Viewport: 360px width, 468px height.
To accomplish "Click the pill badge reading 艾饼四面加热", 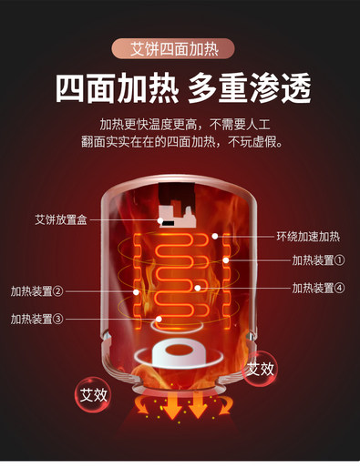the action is pos(173,48).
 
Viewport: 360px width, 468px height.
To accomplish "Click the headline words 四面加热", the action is pos(117,88).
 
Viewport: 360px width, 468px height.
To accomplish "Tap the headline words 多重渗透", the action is pos(250,88).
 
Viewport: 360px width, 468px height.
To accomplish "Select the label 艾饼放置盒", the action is pos(61,219).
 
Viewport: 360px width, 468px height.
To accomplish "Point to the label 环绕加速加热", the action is pos(308,236).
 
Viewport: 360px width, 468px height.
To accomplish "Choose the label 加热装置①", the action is pos(318,260).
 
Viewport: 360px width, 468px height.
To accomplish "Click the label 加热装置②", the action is pos(36,291).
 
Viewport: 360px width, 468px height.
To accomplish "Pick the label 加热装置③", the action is pos(36,319).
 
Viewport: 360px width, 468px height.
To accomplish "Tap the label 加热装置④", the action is pos(318,288).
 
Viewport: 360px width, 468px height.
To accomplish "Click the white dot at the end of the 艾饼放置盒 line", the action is pos(160,220).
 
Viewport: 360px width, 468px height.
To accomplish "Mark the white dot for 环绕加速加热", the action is pos(215,236).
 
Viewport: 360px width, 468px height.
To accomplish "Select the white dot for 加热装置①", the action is pos(226,260).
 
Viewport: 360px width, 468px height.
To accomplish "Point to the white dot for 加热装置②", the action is pos(136,292).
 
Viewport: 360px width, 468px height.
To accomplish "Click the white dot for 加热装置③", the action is pos(159,319).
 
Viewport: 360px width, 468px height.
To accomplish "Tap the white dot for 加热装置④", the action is pos(198,288).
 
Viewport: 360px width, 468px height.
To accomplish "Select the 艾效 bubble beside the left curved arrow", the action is pos(93,394).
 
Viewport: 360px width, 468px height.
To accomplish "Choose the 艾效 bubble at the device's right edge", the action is pos(260,369).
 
